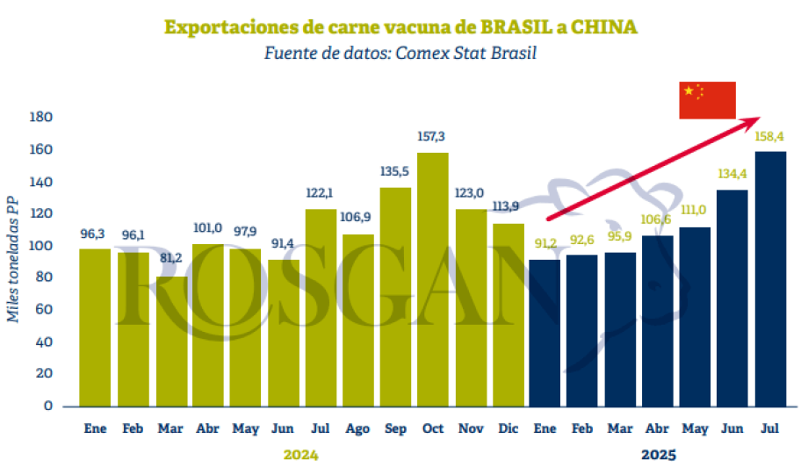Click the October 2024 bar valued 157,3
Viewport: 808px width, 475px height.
coord(434,279)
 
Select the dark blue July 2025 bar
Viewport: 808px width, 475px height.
coord(770,278)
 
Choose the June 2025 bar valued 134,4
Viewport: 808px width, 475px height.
coord(732,298)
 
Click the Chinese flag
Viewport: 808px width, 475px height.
coord(707,100)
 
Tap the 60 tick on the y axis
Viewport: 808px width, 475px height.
coord(45,310)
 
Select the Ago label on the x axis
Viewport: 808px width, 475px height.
coord(357,429)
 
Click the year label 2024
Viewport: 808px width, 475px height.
coord(300,455)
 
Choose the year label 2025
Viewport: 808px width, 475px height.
coord(659,455)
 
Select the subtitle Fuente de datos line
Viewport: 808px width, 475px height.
coord(400,53)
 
